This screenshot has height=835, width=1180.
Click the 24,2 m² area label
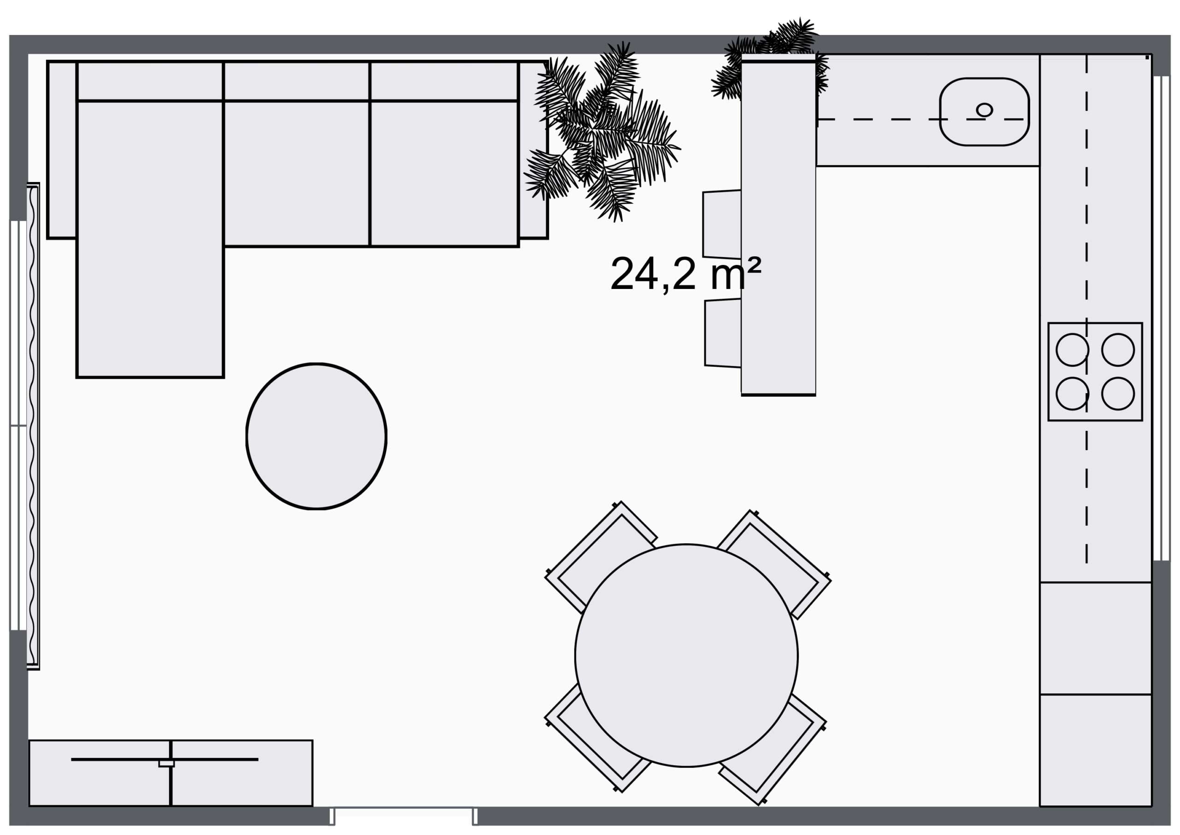click(x=685, y=273)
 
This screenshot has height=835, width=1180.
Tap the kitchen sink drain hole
click(x=984, y=110)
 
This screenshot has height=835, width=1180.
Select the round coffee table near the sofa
click(x=316, y=436)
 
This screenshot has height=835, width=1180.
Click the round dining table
click(x=686, y=656)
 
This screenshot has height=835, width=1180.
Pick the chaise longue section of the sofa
click(x=150, y=239)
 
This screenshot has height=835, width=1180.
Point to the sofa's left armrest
click(x=62, y=150)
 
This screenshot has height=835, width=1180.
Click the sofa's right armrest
click(x=533, y=150)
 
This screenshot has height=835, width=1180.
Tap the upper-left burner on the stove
click(x=1072, y=350)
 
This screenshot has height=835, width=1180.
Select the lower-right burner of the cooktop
click(x=1118, y=394)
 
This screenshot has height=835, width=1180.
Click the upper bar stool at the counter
click(x=722, y=224)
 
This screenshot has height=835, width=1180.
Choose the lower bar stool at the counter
click(x=723, y=333)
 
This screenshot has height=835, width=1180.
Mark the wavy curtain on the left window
click(x=33, y=426)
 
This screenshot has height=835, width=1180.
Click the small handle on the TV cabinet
click(x=166, y=763)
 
